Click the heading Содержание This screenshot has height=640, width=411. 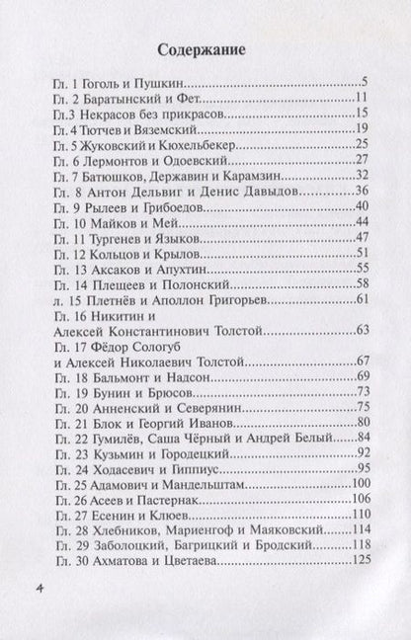point(205,49)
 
